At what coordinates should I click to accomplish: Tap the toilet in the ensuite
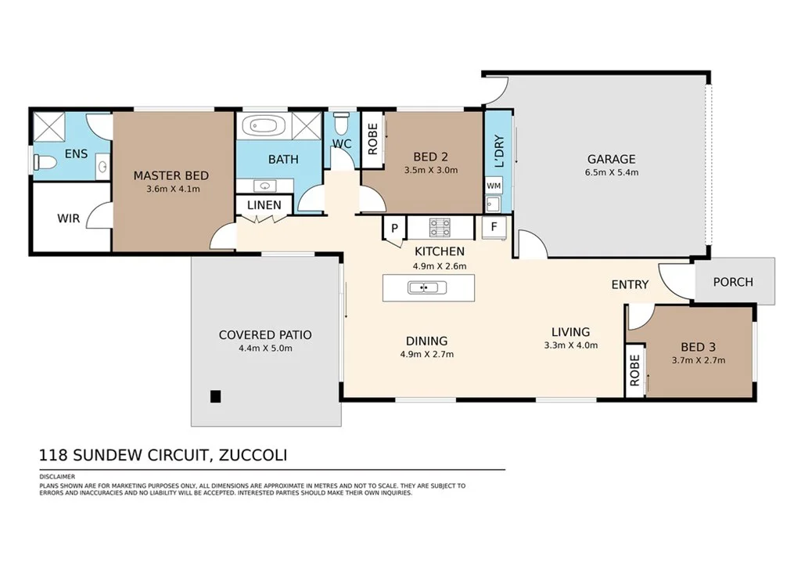pyautogui.click(x=45, y=163)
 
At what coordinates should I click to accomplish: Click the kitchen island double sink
pyautogui.click(x=427, y=288)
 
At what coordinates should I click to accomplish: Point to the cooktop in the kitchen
pyautogui.click(x=440, y=228)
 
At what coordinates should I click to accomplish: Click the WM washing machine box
pyautogui.click(x=494, y=186)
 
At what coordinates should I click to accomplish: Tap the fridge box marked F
pyautogui.click(x=494, y=226)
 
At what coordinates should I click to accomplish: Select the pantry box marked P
pyautogui.click(x=394, y=228)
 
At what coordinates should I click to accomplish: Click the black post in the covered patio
pyautogui.click(x=216, y=396)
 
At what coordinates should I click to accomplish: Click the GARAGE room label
pyautogui.click(x=611, y=159)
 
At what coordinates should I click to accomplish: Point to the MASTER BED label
pyautogui.click(x=171, y=176)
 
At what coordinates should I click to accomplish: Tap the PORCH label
pyautogui.click(x=733, y=282)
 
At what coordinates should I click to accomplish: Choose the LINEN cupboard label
pyautogui.click(x=264, y=205)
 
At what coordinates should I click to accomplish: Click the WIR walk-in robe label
pyautogui.click(x=69, y=218)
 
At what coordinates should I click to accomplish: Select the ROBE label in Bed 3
pyautogui.click(x=634, y=370)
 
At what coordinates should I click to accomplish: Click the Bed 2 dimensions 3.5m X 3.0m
pyautogui.click(x=431, y=170)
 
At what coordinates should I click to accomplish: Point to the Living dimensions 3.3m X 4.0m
pyautogui.click(x=570, y=345)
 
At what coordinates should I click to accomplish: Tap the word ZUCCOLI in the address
pyautogui.click(x=253, y=455)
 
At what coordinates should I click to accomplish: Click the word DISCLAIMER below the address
pyautogui.click(x=57, y=476)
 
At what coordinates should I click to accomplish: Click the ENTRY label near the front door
pyautogui.click(x=630, y=285)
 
